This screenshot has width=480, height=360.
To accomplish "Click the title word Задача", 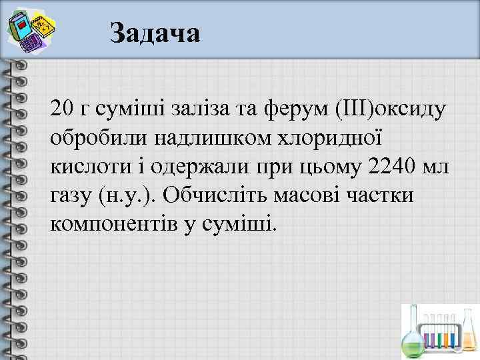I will pos(155,32).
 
